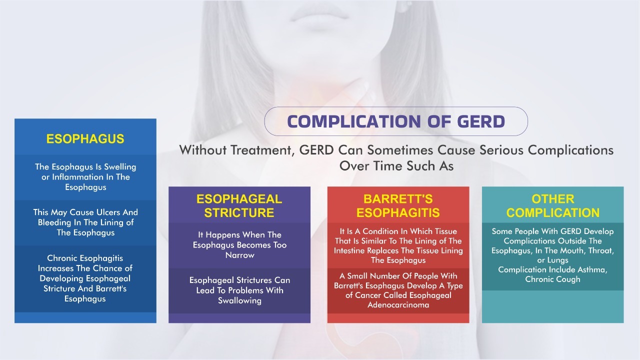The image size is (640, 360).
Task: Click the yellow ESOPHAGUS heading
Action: (x=85, y=139)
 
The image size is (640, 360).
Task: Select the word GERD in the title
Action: (x=481, y=121)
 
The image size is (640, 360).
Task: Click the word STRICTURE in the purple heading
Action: (x=239, y=212)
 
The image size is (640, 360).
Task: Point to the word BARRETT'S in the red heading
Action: (x=398, y=199)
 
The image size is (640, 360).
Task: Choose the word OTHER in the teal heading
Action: (x=553, y=199)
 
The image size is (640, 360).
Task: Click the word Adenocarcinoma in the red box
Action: (x=398, y=305)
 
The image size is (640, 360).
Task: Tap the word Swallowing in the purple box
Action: (x=239, y=300)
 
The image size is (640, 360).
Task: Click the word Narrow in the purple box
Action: (x=239, y=255)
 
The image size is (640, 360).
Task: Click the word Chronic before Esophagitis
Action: (x=63, y=258)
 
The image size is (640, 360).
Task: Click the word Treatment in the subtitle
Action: (x=262, y=150)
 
